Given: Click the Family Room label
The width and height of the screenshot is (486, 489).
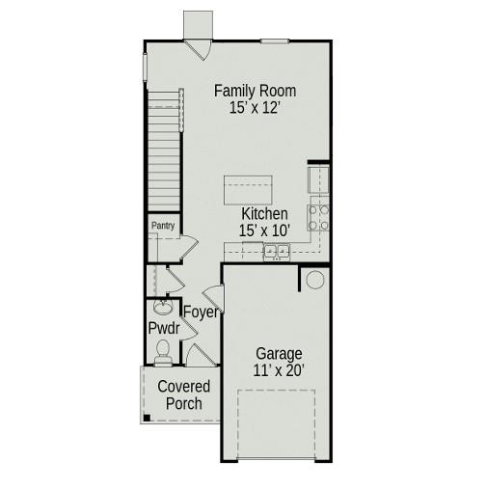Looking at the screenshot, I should point(255,92).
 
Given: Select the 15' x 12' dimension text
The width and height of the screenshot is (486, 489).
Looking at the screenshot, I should point(255,109).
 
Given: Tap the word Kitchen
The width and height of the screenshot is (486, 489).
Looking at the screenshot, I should point(263,214).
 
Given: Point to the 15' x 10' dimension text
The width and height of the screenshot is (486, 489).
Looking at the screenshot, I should point(263,231).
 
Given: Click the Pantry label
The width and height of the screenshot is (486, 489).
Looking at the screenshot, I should point(162,226).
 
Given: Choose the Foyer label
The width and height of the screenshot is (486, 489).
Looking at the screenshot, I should point(201,312).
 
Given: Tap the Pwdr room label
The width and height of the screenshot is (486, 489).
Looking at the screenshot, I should point(164,329).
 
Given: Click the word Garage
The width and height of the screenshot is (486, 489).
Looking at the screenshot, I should point(278,353).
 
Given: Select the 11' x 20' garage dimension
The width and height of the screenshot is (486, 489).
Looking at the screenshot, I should point(278,370).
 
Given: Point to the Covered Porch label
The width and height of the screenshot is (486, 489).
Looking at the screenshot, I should point(183,395).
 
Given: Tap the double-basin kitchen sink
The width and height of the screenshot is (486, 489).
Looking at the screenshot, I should point(278,252).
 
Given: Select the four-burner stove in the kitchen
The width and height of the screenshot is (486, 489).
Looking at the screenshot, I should point(318,217).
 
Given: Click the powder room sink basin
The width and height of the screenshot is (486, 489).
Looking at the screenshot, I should point(163,309).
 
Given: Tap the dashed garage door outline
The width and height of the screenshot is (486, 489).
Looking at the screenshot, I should point(277,424).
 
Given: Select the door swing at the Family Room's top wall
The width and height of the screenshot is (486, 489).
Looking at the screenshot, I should point(198,48).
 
